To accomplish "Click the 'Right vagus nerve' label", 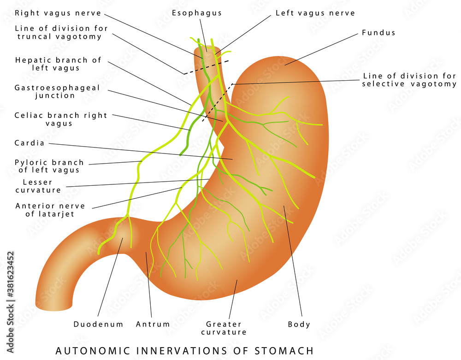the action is (58, 13).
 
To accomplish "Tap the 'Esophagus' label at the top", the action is (197, 13).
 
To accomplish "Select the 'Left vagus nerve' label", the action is (315, 13).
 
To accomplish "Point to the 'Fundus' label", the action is (378, 33).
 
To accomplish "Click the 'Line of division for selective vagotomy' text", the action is (409, 80).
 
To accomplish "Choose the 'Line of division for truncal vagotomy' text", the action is (61, 32).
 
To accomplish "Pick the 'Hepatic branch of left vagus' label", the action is (58, 64).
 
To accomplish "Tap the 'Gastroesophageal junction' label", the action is (57, 92).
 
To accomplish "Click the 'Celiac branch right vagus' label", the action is (60, 119).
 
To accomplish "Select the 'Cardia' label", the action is (30, 143).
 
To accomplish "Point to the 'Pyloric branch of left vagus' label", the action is (49, 166).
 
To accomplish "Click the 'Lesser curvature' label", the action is (38, 186).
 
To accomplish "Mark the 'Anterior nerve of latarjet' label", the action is (50, 210).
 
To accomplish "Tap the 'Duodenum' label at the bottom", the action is (98, 325).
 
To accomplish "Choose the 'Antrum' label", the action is (153, 325).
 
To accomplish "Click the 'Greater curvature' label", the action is (224, 328).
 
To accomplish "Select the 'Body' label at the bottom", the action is (299, 325).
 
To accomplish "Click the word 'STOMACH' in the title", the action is (284, 351).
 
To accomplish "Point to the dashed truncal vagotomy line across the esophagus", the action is (206, 67).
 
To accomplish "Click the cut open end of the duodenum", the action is (54, 306).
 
